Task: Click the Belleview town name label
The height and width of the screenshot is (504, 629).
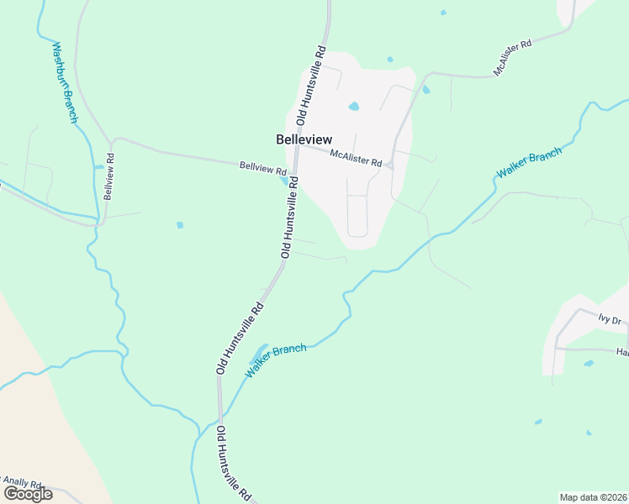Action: click(x=304, y=139)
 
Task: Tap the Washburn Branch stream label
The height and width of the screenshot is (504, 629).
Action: click(x=64, y=83)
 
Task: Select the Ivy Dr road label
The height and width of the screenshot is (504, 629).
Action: click(x=609, y=319)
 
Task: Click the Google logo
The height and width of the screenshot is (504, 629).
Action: click(x=28, y=493)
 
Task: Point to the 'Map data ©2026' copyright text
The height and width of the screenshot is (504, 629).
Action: click(x=594, y=497)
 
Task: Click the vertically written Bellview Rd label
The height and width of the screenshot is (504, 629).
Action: click(x=108, y=176)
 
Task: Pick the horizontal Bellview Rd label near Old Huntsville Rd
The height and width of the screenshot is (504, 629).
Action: click(x=263, y=168)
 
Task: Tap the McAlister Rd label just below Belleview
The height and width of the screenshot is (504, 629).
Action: click(x=356, y=156)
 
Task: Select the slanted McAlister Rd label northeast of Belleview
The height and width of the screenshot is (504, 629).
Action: click(x=514, y=58)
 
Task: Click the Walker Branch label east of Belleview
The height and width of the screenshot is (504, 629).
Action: click(x=529, y=161)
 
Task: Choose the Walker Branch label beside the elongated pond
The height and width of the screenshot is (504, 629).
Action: click(x=276, y=360)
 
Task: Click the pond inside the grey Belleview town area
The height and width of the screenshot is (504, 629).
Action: click(x=354, y=107)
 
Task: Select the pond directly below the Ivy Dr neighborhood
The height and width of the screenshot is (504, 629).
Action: click(x=589, y=363)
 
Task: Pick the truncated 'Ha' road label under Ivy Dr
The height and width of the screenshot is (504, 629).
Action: click(x=622, y=352)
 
